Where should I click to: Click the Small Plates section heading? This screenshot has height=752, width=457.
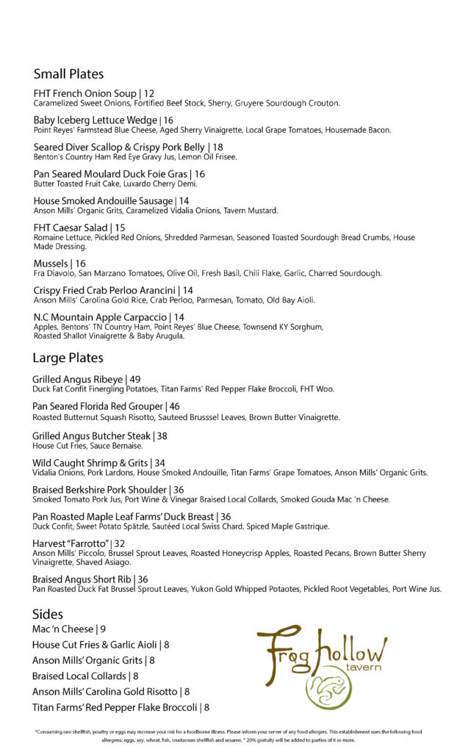68,74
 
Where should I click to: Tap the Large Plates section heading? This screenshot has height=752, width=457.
68,358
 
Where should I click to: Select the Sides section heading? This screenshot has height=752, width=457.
48,614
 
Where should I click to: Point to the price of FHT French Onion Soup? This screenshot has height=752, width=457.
149,93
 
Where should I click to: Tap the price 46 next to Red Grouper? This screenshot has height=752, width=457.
175,406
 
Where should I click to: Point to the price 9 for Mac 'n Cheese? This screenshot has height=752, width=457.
104,629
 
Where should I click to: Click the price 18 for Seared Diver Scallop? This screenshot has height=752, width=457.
217,148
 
